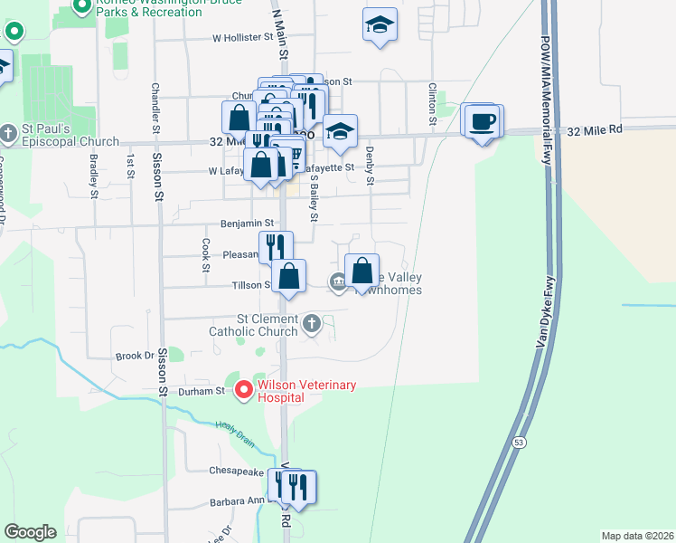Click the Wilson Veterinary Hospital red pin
(x=243, y=390)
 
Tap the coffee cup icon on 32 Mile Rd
(x=482, y=121)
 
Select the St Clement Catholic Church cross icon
(x=312, y=323)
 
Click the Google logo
(x=30, y=532)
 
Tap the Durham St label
(x=207, y=391)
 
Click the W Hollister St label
(x=242, y=38)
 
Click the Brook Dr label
(x=135, y=357)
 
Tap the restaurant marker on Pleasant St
(x=276, y=246)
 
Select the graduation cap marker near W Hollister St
(x=380, y=24)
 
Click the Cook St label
(x=206, y=255)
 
